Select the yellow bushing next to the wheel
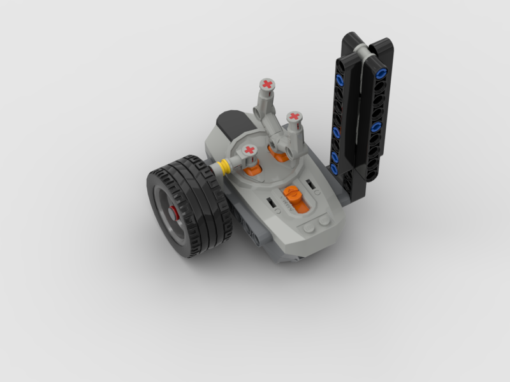click(224, 168)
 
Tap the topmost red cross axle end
click(267, 84)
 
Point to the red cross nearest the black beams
click(293, 117)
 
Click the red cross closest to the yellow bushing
click(249, 150)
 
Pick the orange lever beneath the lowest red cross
click(252, 169)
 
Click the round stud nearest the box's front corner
click(309, 226)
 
